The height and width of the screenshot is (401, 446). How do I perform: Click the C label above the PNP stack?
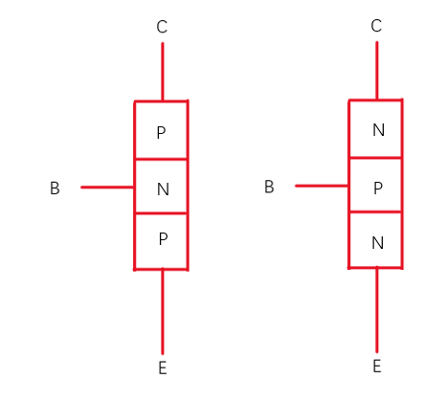pos(162,27)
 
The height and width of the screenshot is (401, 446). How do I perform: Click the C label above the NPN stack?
pos(376,26)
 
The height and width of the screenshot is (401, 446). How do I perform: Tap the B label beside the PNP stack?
pos(55,189)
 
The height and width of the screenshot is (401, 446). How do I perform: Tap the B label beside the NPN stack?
pos(269,187)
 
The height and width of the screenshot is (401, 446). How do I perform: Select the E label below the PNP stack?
pos(163,368)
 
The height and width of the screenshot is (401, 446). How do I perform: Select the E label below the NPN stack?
pos(377,367)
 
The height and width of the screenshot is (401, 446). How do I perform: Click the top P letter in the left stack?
pos(161,133)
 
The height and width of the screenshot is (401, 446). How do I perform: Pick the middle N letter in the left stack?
pos(163,189)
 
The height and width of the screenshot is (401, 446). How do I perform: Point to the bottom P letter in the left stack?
pos(163,239)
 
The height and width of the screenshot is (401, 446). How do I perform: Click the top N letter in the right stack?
pos(378,130)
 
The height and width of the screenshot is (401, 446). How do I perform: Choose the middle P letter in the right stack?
pos(378,189)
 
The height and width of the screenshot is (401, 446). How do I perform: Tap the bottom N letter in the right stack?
pos(377,243)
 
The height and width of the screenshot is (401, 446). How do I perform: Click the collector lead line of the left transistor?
pos(163,72)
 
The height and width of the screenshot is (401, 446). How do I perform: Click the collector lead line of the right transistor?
pos(377,71)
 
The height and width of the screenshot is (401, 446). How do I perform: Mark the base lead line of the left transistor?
pos(107,188)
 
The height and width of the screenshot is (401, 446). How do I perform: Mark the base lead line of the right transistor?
pos(322,186)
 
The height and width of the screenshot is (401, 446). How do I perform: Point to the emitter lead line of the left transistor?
pos(163,312)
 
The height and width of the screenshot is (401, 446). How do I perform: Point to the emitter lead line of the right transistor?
pos(377,310)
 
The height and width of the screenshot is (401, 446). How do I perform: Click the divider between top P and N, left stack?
pos(161,159)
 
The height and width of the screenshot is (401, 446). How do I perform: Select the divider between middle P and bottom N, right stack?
pos(375,212)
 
